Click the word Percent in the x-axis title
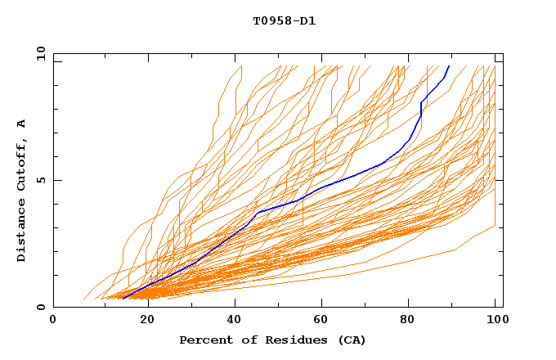pos(205,340)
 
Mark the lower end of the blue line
pos(122,299)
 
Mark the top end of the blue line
pos(449,65)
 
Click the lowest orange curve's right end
pos(495,227)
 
